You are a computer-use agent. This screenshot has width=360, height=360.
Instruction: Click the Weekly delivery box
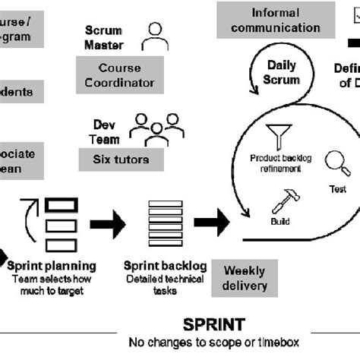tap(245, 278)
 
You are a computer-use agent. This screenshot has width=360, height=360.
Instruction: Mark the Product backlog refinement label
tap(281, 163)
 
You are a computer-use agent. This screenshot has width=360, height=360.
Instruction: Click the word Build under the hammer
tap(280, 223)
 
